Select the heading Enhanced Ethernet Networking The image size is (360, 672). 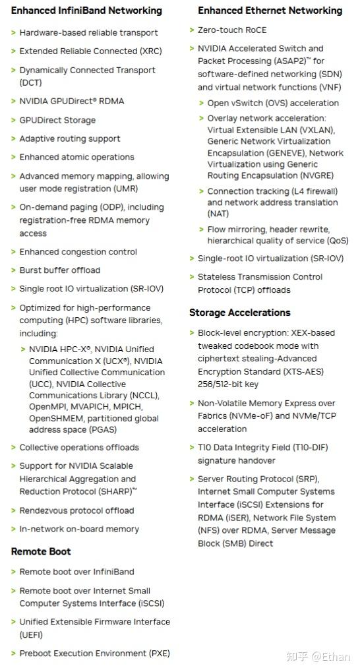point(270,11)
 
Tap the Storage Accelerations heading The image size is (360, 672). point(239,313)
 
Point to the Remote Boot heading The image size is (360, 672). point(41,551)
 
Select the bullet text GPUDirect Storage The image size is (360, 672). point(57,120)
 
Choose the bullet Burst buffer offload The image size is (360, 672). point(60,270)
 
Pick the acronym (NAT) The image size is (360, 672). point(218,214)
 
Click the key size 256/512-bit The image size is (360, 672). point(222,384)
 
